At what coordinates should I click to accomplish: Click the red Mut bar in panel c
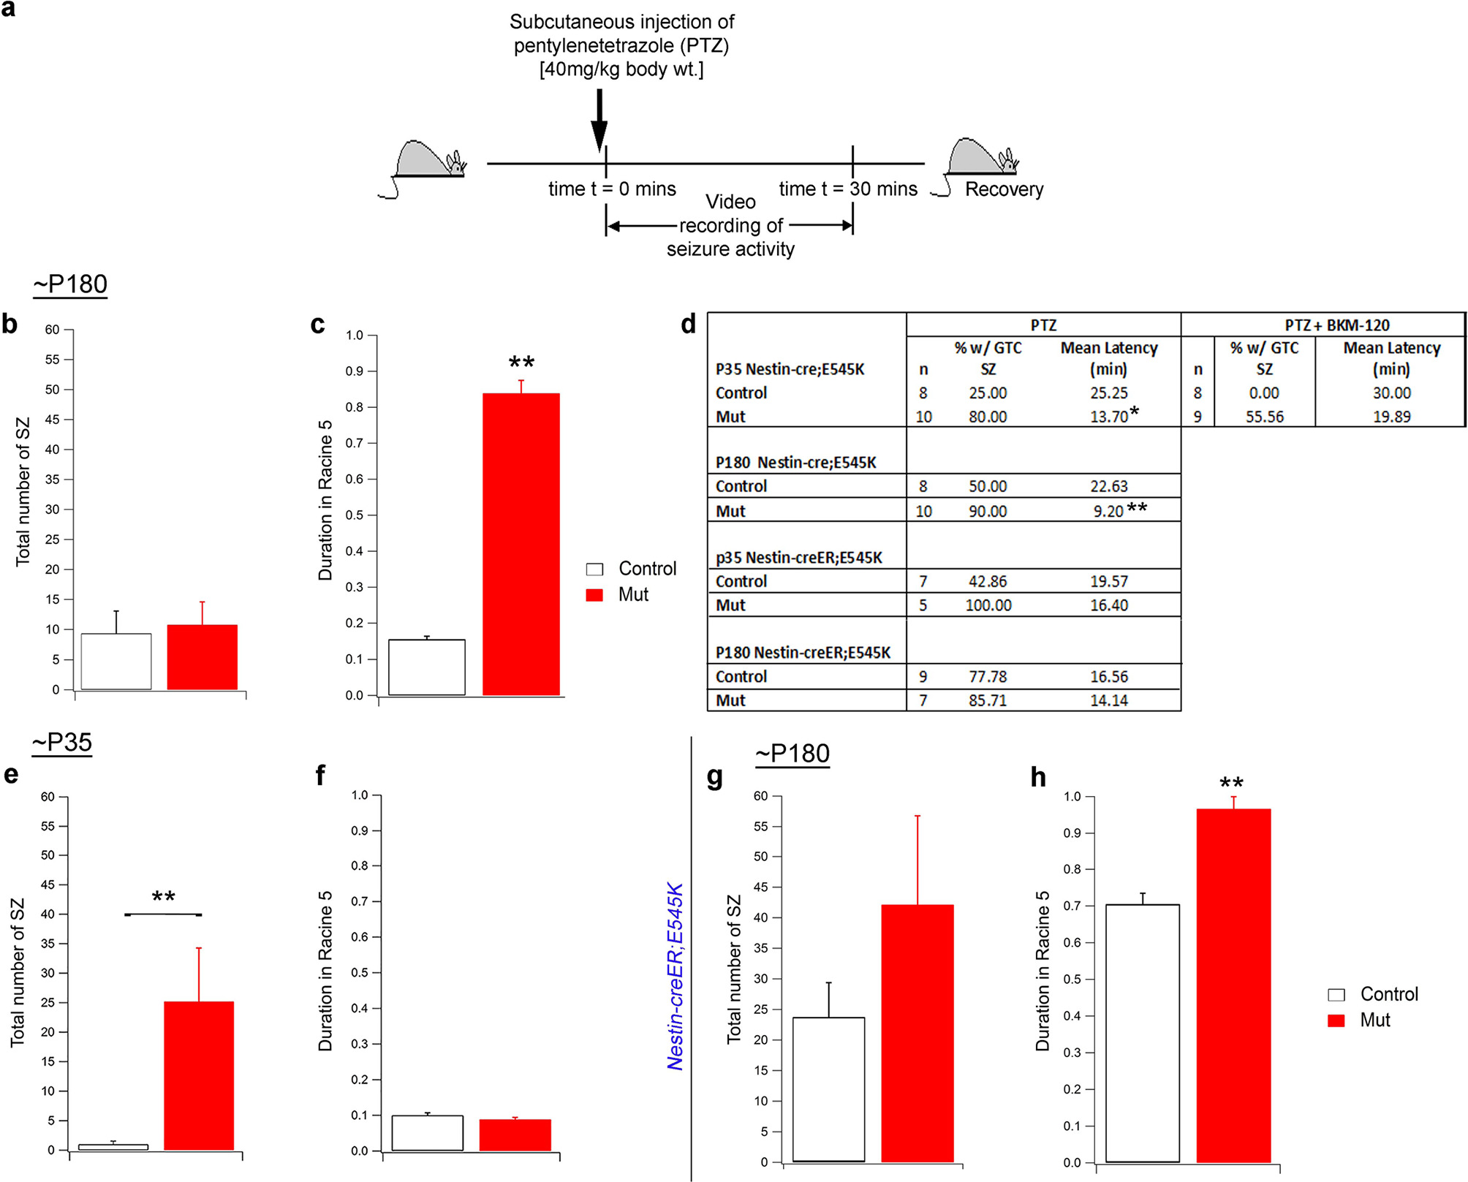(521, 544)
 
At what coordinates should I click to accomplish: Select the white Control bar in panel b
(116, 661)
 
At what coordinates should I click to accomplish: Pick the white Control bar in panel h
(1142, 1032)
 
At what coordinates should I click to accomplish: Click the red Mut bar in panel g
(917, 1032)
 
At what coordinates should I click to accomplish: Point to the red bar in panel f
(515, 1134)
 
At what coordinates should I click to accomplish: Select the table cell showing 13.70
(1108, 417)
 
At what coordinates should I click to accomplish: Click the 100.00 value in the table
(988, 605)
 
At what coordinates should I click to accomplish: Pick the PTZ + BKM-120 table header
(1336, 325)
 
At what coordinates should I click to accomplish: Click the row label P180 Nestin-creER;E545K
(803, 652)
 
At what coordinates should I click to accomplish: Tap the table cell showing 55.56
(1264, 417)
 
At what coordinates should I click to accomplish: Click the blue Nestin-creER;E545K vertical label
(675, 977)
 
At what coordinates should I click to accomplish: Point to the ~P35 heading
(62, 743)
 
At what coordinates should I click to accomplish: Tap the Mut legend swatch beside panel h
(1336, 1020)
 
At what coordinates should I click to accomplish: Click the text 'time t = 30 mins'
(847, 189)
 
